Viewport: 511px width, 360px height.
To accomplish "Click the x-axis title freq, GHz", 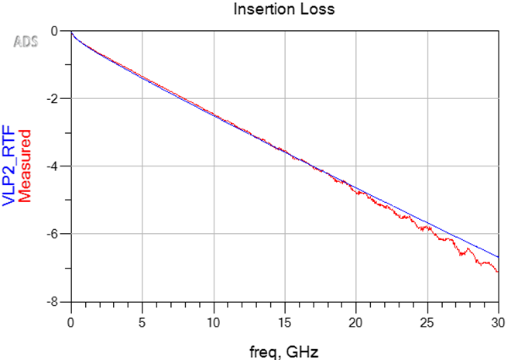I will (283, 351).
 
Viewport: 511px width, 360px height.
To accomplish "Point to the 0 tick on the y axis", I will (54, 31).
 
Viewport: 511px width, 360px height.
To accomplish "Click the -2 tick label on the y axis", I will (51, 98).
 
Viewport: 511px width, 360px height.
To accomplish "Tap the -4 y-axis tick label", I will (51, 166).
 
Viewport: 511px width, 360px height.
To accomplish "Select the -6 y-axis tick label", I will (51, 233).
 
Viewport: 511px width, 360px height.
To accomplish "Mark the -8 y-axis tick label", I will (51, 301).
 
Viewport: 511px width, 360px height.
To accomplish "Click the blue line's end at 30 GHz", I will (498, 257).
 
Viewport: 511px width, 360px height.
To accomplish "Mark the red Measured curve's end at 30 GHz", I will (498, 272).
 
